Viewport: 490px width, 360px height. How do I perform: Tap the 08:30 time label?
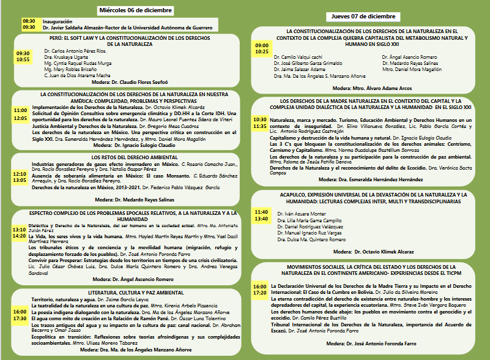click(x=29, y=21)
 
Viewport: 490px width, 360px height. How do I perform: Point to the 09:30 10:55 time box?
click(x=23, y=56)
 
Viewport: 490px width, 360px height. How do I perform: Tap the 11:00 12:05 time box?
click(x=21, y=114)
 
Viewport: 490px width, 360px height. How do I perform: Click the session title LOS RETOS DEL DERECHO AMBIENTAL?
click(x=125, y=158)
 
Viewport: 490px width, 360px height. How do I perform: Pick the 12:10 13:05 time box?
click(x=21, y=177)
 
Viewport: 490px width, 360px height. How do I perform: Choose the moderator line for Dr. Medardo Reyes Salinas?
click(x=125, y=200)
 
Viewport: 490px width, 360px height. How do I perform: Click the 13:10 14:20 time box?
click(x=19, y=233)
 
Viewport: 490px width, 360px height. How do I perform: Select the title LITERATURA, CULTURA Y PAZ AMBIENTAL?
click(x=125, y=293)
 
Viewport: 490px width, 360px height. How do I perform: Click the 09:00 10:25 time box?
click(x=262, y=48)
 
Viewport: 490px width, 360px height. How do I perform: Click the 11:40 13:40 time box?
click(x=261, y=215)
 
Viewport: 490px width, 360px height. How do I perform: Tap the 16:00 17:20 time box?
click(x=260, y=290)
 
